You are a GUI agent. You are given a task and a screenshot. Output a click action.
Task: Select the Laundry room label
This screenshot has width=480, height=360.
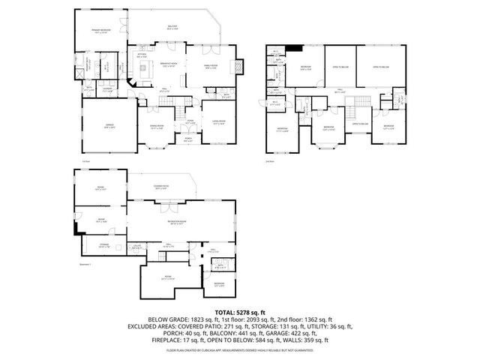click(106, 89)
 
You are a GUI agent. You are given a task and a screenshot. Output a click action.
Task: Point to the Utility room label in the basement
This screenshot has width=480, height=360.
click(138, 246)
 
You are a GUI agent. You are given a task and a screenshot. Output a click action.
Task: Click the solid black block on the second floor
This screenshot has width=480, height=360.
click(297, 49)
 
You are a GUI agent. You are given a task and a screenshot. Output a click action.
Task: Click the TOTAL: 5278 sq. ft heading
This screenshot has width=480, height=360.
click(239, 311)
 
